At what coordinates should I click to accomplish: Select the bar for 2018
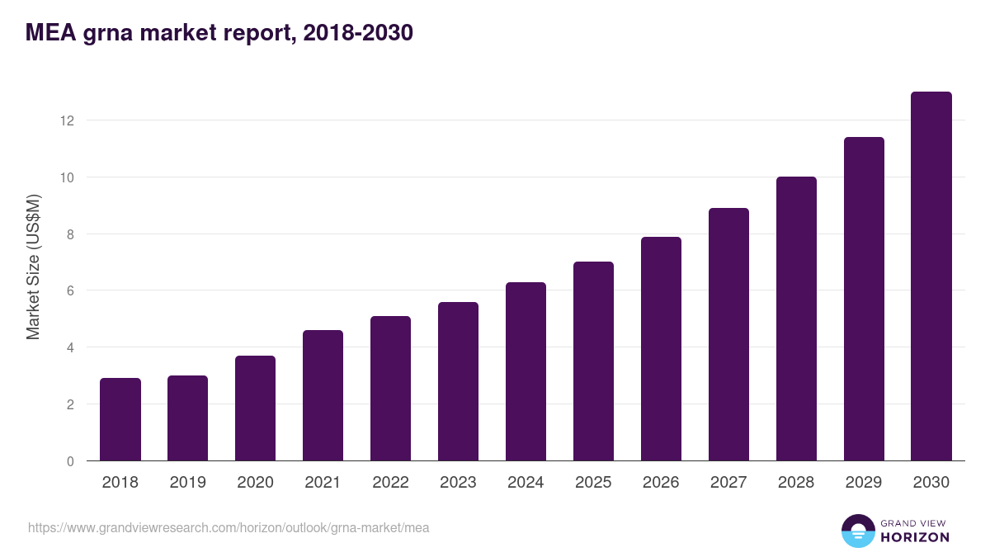coord(120,419)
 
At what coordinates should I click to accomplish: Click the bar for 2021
coord(323,395)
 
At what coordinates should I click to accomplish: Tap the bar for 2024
coord(526,371)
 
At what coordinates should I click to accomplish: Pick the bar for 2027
coord(728,334)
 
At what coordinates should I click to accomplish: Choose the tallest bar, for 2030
coord(931,276)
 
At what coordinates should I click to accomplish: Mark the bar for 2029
coord(864,299)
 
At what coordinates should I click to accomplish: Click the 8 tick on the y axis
coord(70,234)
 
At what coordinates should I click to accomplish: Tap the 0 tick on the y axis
coord(70,461)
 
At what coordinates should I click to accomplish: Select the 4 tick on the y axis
coord(70,347)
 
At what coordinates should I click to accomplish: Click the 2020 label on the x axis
coord(255,483)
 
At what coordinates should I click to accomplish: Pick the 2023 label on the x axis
coord(458,483)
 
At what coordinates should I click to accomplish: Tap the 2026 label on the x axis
coord(661,483)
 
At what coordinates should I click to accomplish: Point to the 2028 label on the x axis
coord(796,483)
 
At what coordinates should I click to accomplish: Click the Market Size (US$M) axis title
coord(33,267)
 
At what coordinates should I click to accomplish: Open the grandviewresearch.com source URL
coord(229,527)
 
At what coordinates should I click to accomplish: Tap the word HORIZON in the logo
coord(915,537)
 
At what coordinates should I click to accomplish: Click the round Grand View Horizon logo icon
coord(858,531)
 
